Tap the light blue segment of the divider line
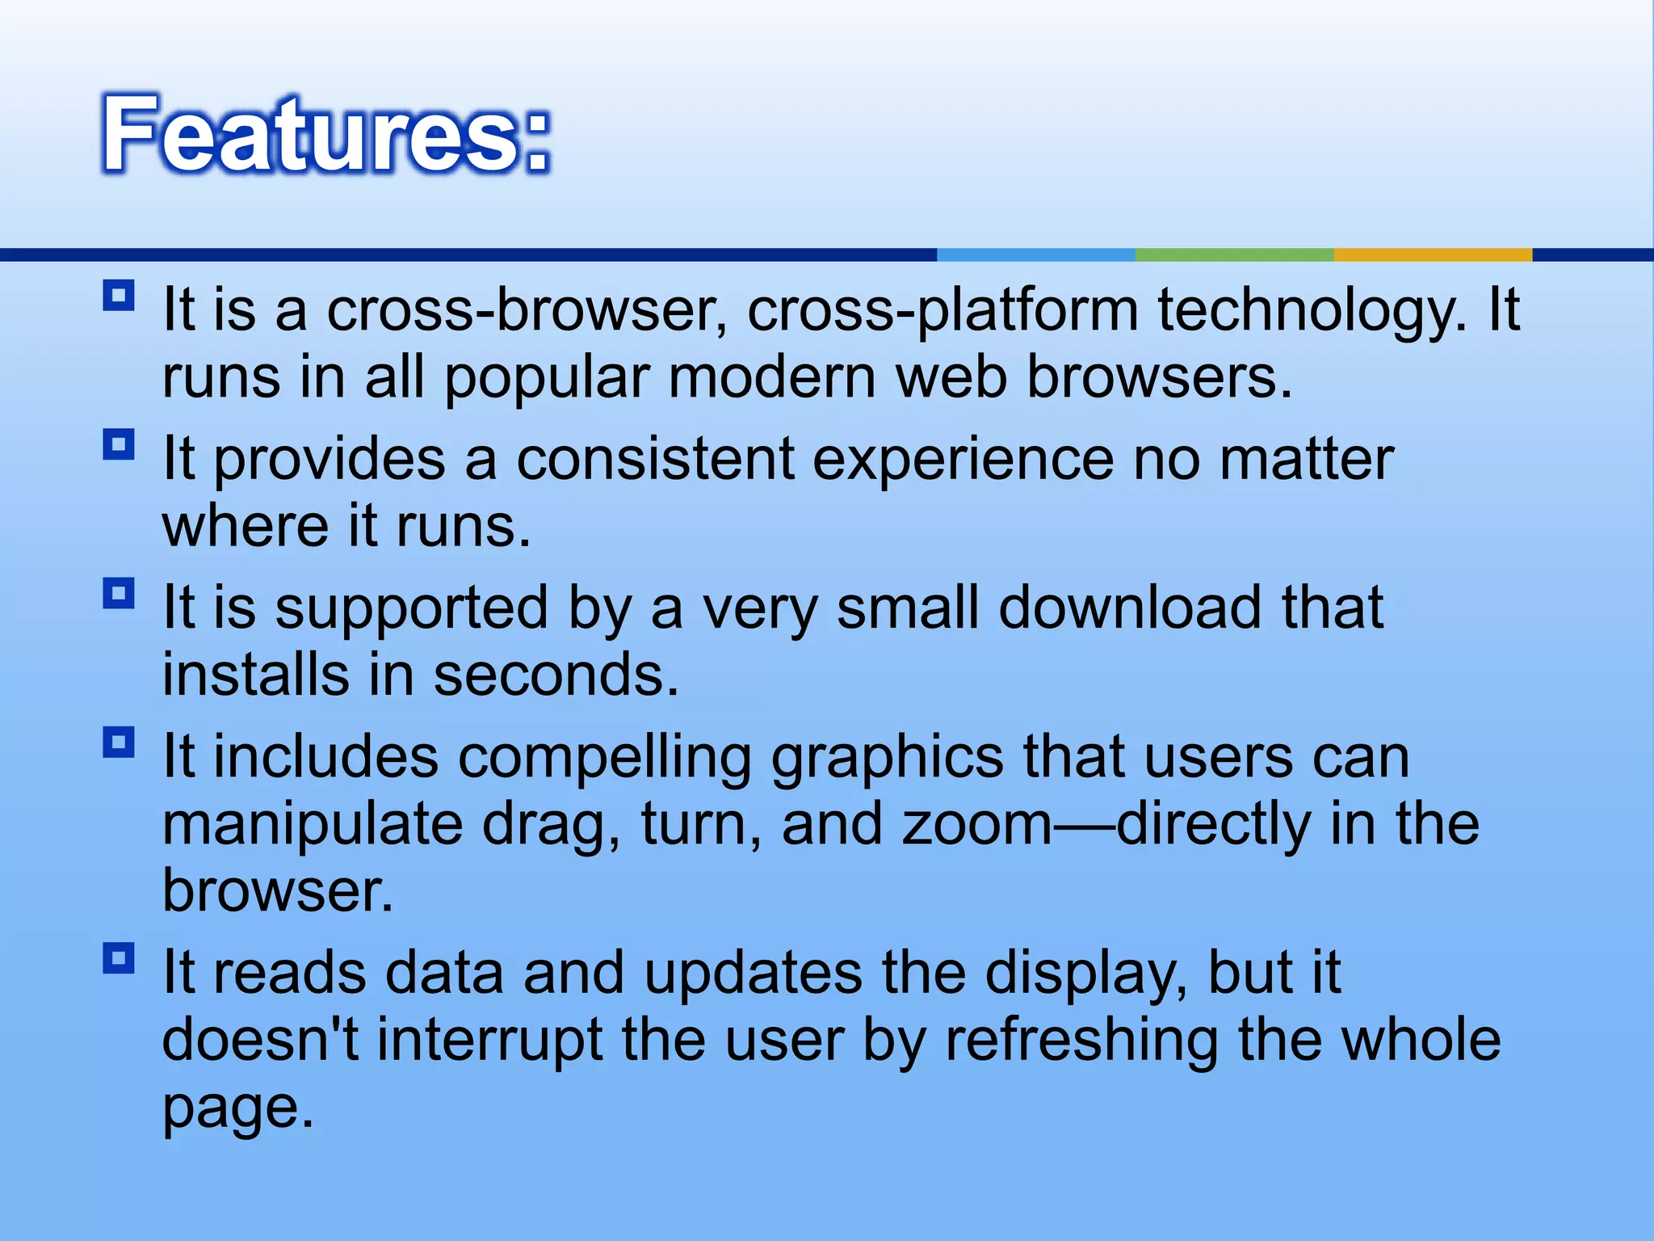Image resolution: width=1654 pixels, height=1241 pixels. click(1035, 255)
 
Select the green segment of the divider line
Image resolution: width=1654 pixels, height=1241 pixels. click(1234, 255)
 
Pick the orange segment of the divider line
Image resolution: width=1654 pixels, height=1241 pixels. click(1432, 255)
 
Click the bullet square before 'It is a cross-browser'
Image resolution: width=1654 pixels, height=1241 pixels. click(119, 296)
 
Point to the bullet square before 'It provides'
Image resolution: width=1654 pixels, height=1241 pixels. click(119, 444)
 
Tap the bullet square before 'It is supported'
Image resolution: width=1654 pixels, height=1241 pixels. click(119, 594)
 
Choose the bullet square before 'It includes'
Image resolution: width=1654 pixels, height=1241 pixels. click(119, 742)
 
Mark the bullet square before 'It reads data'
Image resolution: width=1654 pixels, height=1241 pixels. click(119, 958)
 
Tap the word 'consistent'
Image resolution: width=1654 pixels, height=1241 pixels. click(655, 459)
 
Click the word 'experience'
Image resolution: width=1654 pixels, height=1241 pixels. click(962, 459)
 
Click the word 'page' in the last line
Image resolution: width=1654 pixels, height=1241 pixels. click(237, 1108)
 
